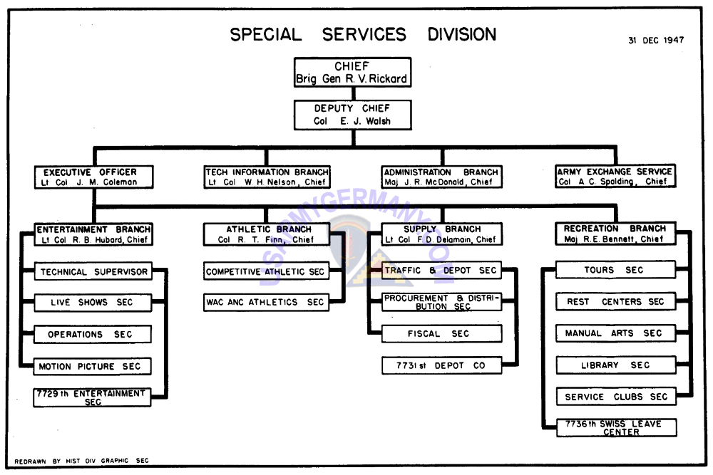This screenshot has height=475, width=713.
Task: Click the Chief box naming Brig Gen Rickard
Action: click(x=352, y=72)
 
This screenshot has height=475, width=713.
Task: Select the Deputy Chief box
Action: click(x=352, y=115)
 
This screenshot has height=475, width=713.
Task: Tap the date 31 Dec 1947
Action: click(x=656, y=41)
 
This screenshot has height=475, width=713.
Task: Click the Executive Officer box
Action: click(x=93, y=177)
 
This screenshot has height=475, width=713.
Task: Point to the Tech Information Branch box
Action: click(x=267, y=177)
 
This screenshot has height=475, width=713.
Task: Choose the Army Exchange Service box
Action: click(x=615, y=176)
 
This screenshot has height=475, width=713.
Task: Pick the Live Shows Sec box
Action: click(x=92, y=303)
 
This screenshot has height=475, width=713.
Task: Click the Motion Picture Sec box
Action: click(x=92, y=367)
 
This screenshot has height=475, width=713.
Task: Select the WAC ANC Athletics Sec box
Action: click(x=266, y=302)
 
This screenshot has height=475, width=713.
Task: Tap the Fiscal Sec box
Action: click(x=441, y=334)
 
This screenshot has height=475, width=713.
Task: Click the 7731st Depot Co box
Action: click(x=441, y=365)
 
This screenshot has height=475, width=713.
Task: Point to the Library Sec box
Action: click(x=616, y=365)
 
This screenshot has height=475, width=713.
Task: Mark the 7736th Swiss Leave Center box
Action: click(x=617, y=428)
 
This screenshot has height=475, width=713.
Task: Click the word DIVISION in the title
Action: click(x=461, y=34)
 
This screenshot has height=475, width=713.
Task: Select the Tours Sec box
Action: click(x=616, y=270)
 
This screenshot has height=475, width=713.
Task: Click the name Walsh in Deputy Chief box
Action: click(x=378, y=121)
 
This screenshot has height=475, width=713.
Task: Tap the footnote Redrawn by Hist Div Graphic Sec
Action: click(x=81, y=461)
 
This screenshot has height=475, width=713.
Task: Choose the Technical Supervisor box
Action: click(x=93, y=271)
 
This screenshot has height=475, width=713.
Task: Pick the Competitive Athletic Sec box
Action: click(x=266, y=271)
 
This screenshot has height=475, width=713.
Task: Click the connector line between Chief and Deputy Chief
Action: click(x=353, y=93)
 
